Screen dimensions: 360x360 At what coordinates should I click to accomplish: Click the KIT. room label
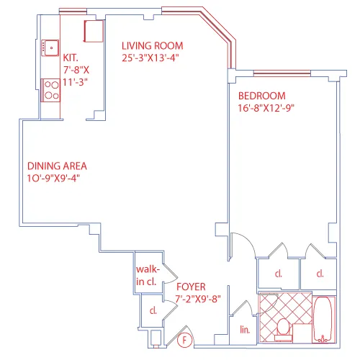coord(71,58)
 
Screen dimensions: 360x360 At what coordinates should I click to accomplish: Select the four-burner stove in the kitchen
coord(51,89)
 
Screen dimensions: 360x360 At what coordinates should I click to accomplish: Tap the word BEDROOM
coord(263,96)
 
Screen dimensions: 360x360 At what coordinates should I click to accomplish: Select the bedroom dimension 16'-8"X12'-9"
coord(267,108)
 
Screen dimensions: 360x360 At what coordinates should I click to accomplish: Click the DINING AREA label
coord(57,166)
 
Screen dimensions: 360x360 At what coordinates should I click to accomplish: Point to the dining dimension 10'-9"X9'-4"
coord(53,178)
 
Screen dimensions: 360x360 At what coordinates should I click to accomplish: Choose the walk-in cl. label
coord(147,275)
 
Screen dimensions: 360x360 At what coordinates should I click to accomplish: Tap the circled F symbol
coord(185,340)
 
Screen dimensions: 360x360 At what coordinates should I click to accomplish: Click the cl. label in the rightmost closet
coord(319,274)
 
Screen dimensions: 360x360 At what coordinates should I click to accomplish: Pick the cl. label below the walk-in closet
coord(153,311)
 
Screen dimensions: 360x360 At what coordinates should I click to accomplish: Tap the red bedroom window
coord(281,73)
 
